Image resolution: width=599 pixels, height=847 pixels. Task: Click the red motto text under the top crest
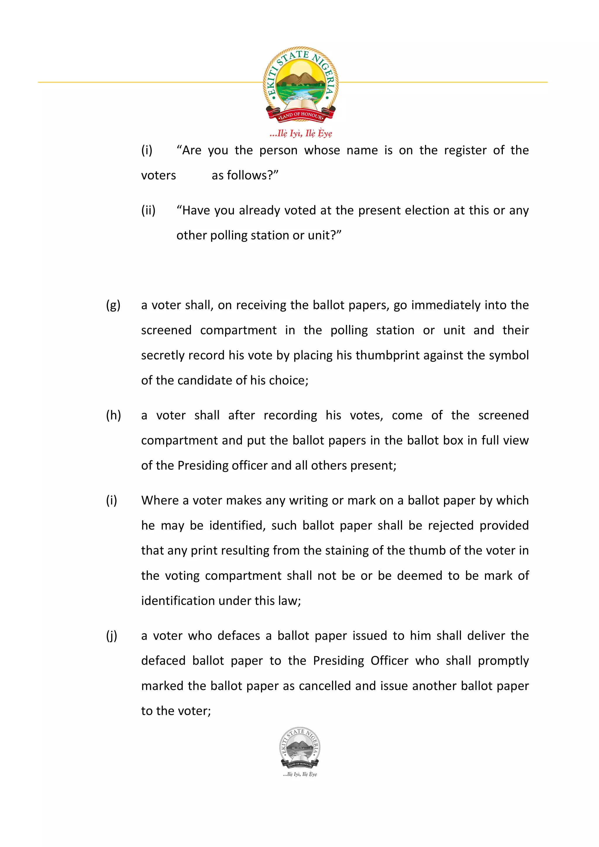301,133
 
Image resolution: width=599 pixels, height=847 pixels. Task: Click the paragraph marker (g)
113,305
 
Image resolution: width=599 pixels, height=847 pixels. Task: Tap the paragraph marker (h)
113,415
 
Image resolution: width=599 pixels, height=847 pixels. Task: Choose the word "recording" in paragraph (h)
290,415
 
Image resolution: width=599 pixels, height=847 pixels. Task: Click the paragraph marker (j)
112,636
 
